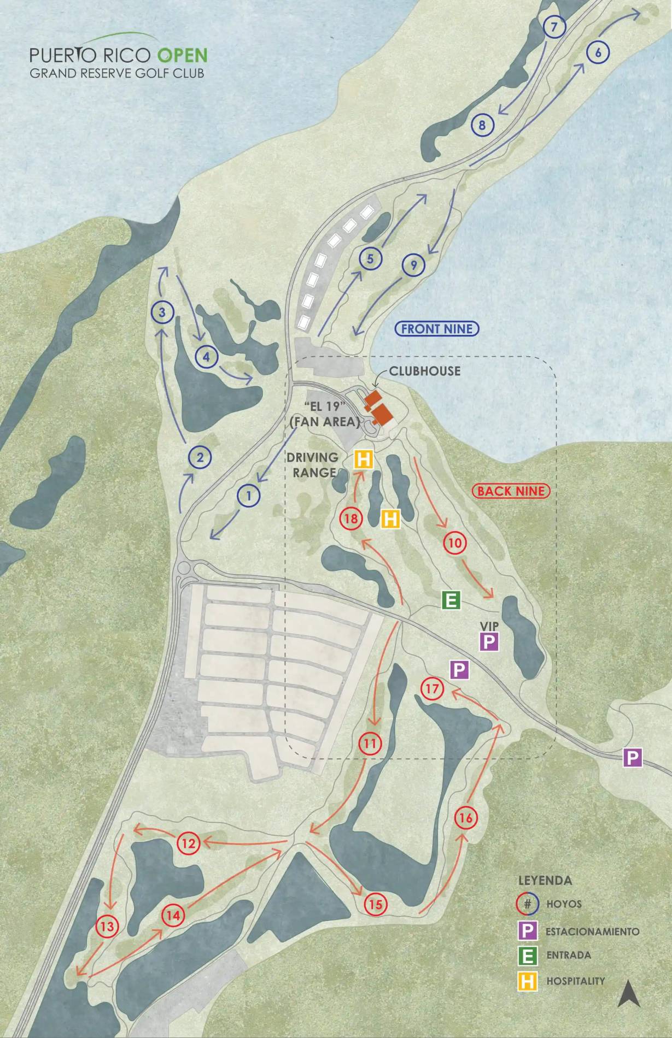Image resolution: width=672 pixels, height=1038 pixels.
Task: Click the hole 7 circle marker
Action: (554, 27)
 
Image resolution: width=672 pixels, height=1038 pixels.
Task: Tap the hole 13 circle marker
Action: (107, 926)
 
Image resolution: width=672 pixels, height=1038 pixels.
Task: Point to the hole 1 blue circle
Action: (248, 496)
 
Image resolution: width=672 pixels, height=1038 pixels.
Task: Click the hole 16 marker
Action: (466, 818)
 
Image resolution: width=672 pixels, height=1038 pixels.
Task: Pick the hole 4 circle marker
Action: (206, 357)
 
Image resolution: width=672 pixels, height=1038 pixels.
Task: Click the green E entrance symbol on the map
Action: (451, 600)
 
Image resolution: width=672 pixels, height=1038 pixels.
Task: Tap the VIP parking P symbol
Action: (489, 641)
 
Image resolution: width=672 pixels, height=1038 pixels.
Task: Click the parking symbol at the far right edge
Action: (632, 758)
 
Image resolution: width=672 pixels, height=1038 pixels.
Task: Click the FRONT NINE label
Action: (436, 329)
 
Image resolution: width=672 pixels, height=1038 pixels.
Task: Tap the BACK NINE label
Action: (511, 491)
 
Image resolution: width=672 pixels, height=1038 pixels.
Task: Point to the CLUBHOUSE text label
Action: (425, 371)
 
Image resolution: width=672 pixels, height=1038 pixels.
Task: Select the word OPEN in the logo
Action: (183, 55)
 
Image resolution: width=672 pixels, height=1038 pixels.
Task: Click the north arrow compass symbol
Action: (628, 994)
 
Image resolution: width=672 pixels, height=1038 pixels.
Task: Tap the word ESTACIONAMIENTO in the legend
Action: (592, 931)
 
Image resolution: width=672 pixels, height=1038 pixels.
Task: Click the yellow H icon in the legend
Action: (527, 982)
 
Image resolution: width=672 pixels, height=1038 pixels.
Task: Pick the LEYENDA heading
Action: (545, 880)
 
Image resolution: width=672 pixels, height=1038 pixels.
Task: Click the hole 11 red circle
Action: (370, 744)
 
